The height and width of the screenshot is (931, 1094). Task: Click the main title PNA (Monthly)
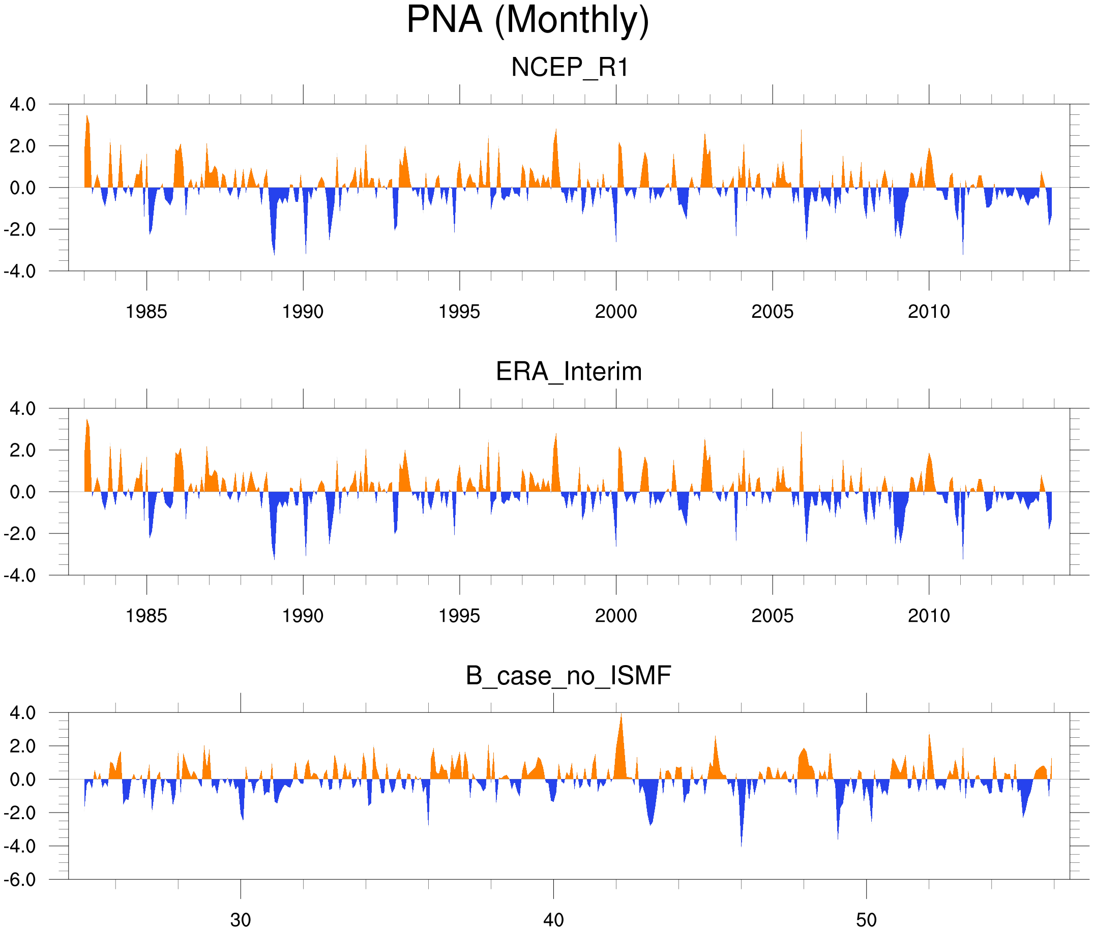point(527,21)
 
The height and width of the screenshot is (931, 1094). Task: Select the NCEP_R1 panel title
point(570,68)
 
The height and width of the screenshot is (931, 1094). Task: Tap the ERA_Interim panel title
point(569,372)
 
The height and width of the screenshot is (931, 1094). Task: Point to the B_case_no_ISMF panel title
point(568,676)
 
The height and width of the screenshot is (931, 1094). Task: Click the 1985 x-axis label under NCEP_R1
point(146,312)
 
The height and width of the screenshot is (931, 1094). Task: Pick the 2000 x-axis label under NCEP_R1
point(615,312)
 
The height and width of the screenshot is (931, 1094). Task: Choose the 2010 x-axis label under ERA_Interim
point(929,615)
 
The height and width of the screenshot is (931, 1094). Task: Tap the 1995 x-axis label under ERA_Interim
point(459,615)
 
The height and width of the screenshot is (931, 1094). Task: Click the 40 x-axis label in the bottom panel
point(553,920)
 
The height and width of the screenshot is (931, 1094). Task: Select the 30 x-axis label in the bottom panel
point(241,920)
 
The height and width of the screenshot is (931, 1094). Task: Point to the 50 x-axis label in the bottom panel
point(867,920)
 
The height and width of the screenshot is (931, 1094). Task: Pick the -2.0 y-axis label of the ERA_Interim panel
point(19,533)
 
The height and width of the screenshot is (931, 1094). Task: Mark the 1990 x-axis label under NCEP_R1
point(303,312)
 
